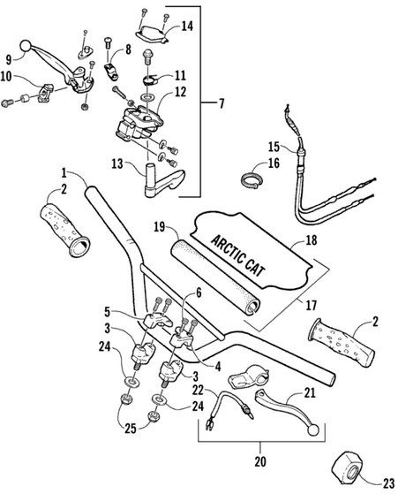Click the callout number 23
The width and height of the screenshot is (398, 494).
389,483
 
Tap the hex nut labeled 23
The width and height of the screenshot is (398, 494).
348,471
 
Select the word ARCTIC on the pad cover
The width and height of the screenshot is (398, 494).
228,249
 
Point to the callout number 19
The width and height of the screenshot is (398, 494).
160,226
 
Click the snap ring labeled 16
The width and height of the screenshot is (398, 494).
252,181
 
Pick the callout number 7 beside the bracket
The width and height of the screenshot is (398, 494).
222,103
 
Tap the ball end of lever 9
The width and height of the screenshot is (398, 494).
26,46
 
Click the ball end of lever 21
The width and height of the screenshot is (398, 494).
313,431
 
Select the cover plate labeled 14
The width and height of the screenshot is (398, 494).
153,34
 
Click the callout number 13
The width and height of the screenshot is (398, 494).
117,164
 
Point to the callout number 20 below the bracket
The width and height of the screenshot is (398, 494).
260,461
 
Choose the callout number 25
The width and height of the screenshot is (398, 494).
131,428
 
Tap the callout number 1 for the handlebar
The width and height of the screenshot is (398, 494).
64,172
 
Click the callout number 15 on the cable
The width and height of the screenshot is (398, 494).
274,147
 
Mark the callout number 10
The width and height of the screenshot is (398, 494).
6,77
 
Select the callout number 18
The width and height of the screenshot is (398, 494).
312,240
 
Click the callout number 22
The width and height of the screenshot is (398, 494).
198,391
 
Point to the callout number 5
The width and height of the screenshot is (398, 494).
108,312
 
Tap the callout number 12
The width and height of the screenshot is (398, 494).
180,92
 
